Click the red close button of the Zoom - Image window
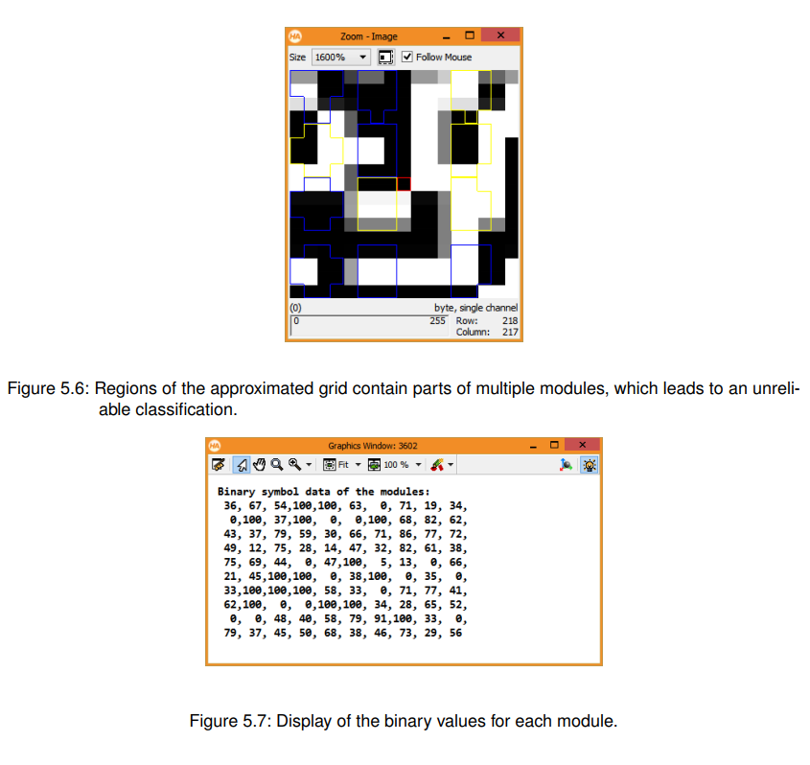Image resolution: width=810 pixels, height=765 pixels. coord(500,35)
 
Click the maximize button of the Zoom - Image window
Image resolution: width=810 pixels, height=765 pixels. coord(470,35)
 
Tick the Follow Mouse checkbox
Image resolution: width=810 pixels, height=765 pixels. coord(407,57)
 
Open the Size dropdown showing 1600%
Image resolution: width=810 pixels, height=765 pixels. coord(341,57)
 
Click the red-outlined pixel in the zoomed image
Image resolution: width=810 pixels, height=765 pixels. coord(404,184)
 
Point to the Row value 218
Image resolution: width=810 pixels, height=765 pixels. coord(510,321)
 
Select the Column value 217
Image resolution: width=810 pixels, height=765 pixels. coord(510,332)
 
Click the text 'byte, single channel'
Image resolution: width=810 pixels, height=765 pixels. coord(475,308)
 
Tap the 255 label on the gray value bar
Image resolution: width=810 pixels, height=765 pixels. coord(437,321)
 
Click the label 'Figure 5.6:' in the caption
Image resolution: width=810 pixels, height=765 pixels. coord(49,388)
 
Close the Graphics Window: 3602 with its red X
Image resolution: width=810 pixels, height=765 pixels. coord(582,445)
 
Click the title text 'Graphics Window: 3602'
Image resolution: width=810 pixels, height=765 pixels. coord(373,446)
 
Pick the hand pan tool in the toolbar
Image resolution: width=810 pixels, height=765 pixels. coord(260,465)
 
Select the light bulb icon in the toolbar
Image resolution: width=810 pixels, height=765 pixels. coord(589,465)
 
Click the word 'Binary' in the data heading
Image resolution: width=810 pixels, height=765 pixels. coord(236,492)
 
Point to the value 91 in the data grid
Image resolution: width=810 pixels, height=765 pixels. coord(381,619)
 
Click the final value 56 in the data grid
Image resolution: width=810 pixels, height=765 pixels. coord(455,633)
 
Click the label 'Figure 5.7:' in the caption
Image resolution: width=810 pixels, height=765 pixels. coord(230,721)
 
